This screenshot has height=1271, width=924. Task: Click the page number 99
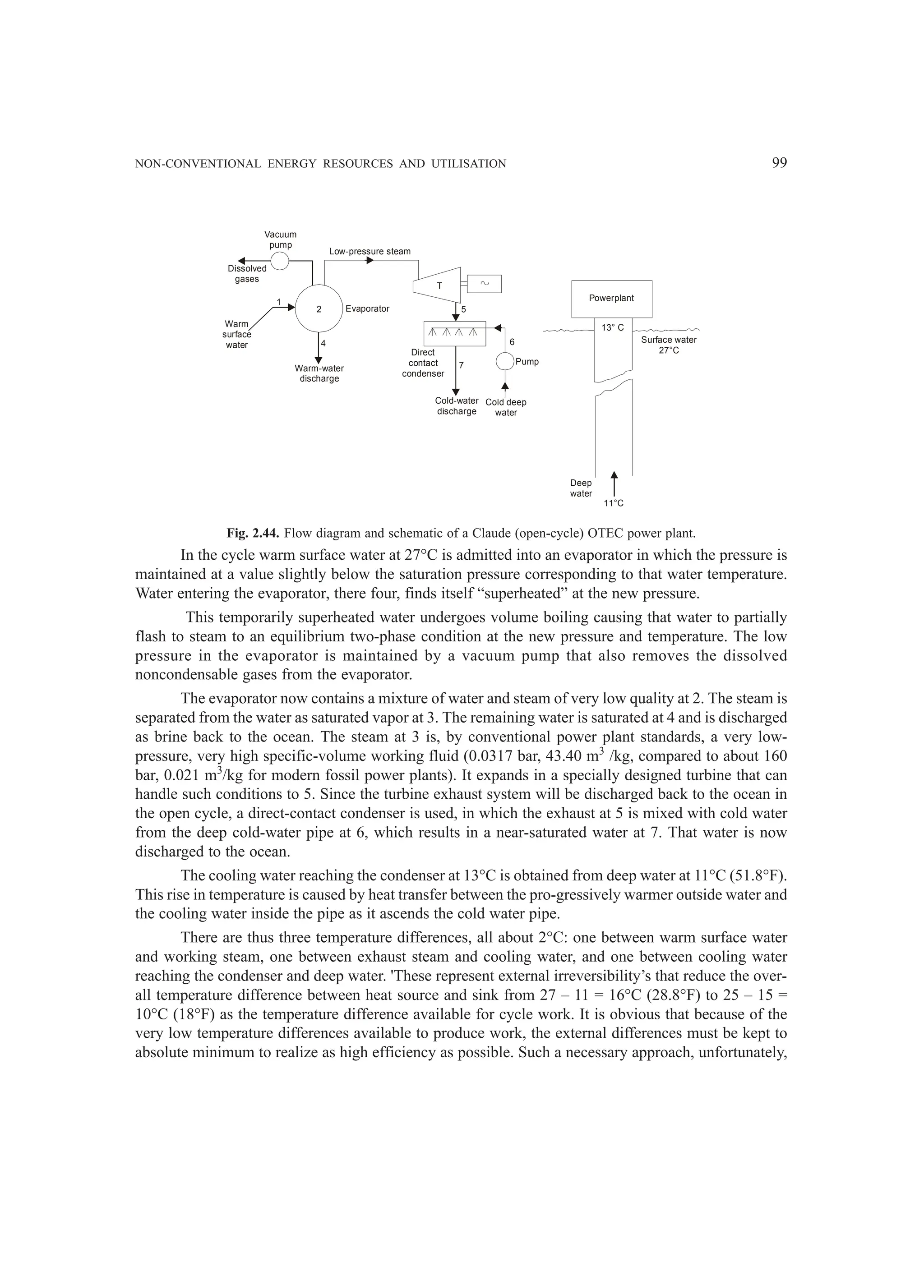tap(779, 163)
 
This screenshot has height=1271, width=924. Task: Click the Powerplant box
tap(611, 299)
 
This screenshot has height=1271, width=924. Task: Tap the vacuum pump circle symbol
tap(279, 261)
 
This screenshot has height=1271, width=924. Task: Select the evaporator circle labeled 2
tap(319, 309)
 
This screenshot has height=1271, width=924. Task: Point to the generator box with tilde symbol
tap(484, 284)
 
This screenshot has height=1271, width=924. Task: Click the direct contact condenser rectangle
tap(455, 333)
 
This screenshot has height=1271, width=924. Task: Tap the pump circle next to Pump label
tap(505, 361)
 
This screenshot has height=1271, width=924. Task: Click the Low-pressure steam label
tap(370, 252)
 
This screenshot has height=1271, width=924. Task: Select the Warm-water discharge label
tap(319, 373)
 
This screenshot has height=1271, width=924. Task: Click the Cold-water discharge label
tap(457, 406)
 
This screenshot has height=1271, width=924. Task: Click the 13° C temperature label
tap(612, 328)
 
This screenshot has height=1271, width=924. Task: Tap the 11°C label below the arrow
tap(614, 503)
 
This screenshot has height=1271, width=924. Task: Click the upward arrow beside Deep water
tap(614, 484)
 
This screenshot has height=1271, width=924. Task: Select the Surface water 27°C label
tap(669, 345)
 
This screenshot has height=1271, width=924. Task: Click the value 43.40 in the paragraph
tap(565, 756)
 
